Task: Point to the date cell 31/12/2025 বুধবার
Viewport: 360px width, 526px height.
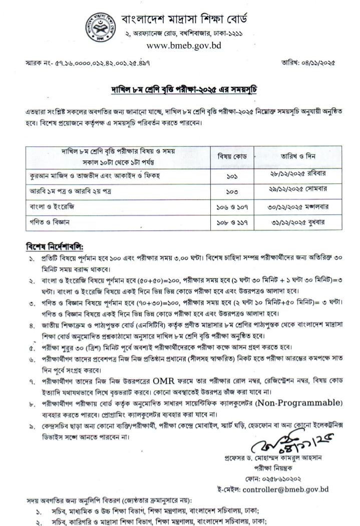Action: [x=297, y=223]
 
